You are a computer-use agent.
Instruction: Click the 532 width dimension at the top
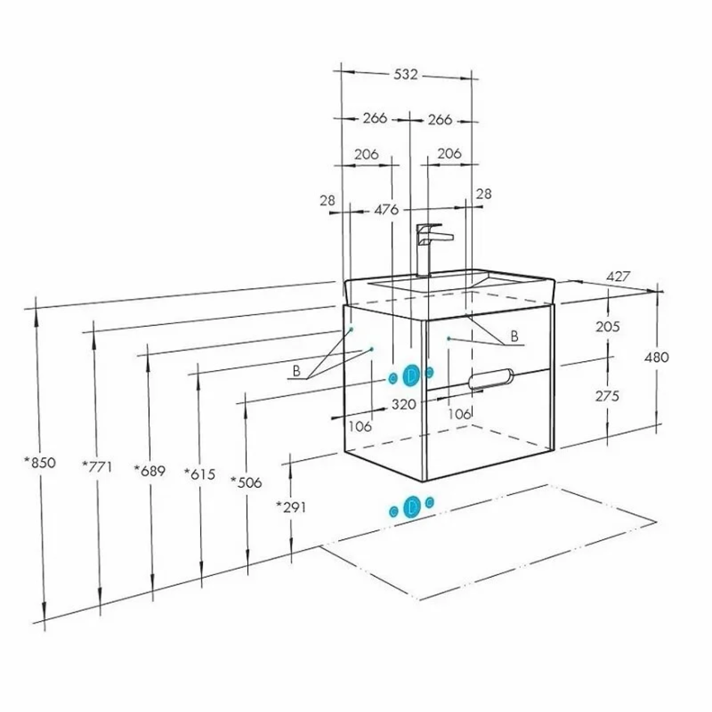click(405, 74)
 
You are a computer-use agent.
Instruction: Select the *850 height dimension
click(40, 462)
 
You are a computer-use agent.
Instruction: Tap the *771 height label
click(97, 466)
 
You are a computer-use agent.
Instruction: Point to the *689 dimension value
click(149, 471)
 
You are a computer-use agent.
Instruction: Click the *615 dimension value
click(199, 474)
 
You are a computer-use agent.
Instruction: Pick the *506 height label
click(246, 482)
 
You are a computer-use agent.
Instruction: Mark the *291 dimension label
click(292, 507)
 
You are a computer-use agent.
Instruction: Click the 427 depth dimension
click(618, 276)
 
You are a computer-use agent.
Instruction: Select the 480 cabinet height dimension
click(657, 357)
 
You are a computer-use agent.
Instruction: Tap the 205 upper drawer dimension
click(608, 327)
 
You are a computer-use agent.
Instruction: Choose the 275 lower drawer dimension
click(607, 396)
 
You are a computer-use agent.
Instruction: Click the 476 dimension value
click(387, 210)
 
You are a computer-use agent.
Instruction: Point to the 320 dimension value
click(404, 404)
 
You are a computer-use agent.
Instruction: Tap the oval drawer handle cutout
click(491, 378)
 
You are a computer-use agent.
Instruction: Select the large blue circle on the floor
click(411, 507)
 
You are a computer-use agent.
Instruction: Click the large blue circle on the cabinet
click(411, 375)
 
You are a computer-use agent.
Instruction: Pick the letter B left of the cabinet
click(297, 371)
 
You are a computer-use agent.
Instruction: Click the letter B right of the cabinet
click(514, 336)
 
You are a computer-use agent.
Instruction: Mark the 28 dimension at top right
click(483, 194)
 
